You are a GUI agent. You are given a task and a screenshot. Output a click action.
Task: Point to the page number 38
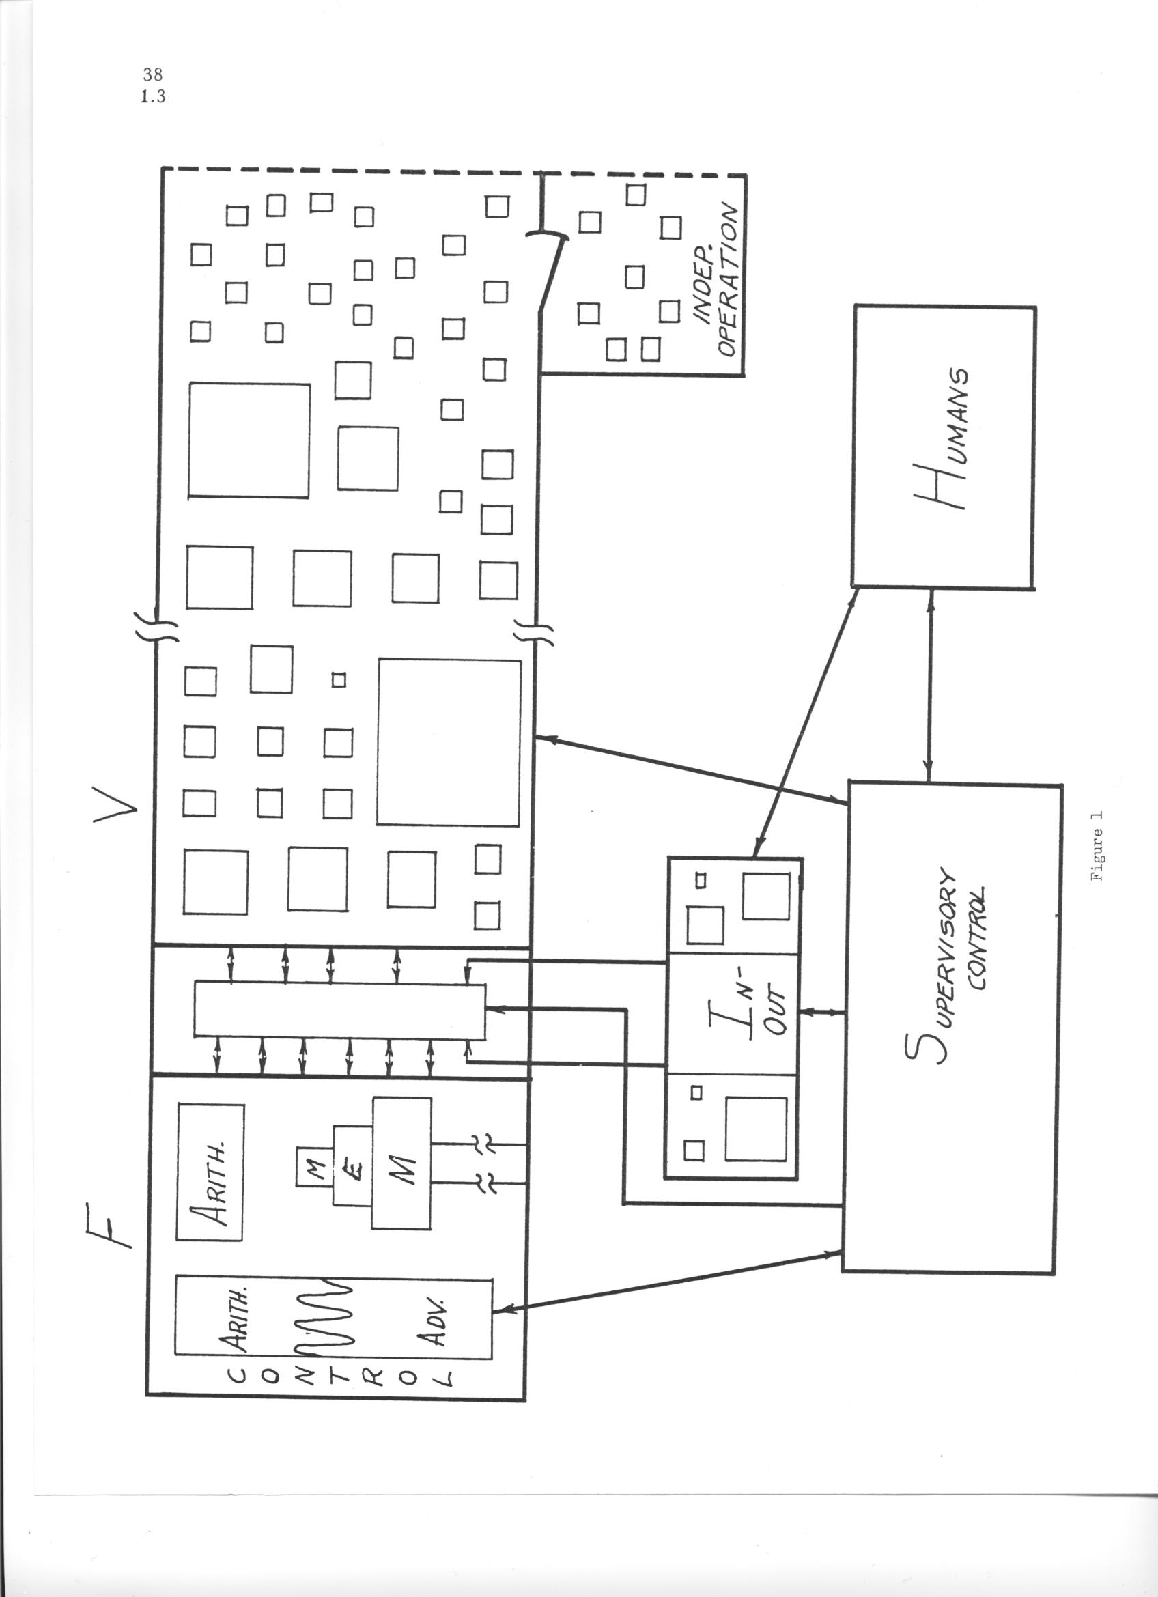pos(152,74)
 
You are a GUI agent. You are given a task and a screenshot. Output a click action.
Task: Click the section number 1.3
pos(153,96)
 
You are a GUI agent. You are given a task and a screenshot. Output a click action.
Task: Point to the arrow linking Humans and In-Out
pos(805,722)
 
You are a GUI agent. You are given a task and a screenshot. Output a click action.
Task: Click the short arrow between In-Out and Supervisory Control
pos(823,1012)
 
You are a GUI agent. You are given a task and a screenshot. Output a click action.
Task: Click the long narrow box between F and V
pos(339,1011)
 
